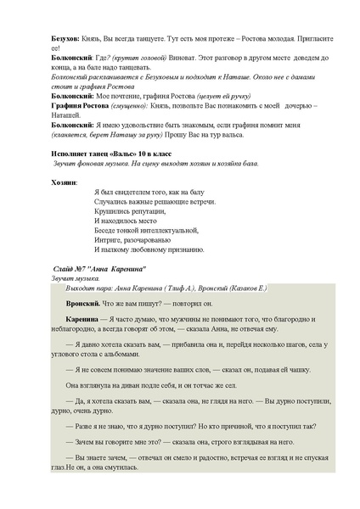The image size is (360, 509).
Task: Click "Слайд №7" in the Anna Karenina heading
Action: pos(71,268)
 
